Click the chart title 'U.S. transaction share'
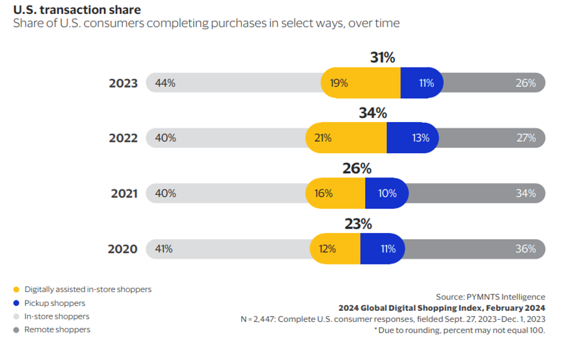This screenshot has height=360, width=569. click(x=77, y=10)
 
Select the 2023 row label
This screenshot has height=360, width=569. click(x=123, y=83)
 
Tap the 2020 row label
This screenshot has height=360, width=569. click(x=123, y=249)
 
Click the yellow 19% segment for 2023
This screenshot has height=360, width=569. click(x=339, y=83)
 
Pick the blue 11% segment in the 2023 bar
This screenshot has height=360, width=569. click(x=426, y=83)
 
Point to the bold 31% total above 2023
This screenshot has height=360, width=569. click(x=382, y=58)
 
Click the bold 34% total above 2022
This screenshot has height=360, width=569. click(x=373, y=113)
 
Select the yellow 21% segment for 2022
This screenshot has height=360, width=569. click(x=323, y=138)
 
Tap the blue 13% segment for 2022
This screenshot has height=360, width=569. click(x=420, y=138)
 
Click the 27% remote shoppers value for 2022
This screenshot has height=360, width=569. click(x=526, y=138)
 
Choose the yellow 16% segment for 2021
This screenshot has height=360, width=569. click(x=323, y=193)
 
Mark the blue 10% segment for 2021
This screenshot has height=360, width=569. click(x=387, y=193)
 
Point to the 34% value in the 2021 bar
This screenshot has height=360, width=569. click(x=526, y=193)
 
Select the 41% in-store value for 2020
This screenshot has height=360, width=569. click(x=164, y=249)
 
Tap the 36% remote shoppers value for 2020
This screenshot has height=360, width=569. click(x=526, y=249)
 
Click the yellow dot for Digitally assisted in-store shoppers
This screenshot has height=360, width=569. click(x=16, y=289)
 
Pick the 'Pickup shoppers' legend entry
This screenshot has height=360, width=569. click(x=55, y=303)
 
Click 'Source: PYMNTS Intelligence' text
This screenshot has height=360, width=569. click(x=491, y=297)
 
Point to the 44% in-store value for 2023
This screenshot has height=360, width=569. click(x=165, y=83)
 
